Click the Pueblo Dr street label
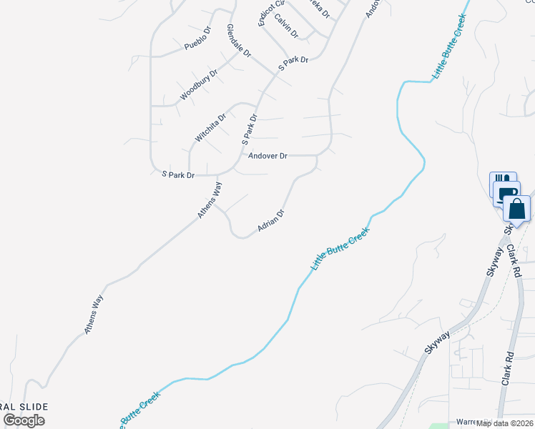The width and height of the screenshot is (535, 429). (199, 41)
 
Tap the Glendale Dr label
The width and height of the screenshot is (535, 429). (239, 41)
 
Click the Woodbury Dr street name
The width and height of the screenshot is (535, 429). (199, 84)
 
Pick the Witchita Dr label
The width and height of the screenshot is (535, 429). (210, 127)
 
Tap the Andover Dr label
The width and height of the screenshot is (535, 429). (267, 155)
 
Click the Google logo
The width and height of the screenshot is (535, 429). (24, 420)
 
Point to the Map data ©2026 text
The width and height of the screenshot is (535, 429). (505, 423)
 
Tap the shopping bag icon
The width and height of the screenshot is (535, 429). (518, 209)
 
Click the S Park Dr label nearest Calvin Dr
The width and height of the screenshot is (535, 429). (293, 63)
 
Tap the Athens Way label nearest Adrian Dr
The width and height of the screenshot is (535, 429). (210, 200)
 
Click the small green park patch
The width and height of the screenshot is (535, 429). (442, 425)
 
